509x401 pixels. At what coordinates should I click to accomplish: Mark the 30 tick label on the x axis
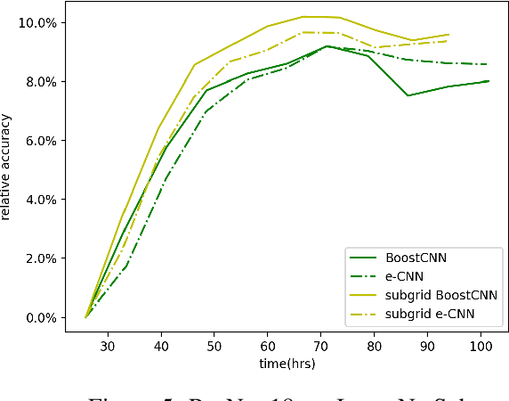click(x=107, y=345)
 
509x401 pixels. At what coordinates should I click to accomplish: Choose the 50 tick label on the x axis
click(x=214, y=345)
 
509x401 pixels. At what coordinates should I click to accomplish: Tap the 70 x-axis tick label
click(x=320, y=345)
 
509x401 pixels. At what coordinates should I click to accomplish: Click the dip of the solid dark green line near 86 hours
click(x=408, y=95)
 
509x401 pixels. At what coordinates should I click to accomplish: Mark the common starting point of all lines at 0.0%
click(x=85, y=317)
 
